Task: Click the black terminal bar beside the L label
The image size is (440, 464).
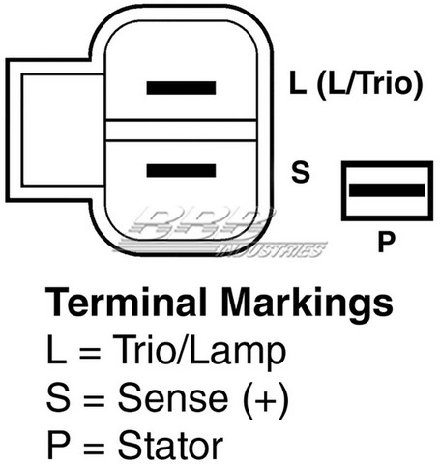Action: click(x=181, y=88)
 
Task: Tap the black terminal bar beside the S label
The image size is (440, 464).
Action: click(x=181, y=171)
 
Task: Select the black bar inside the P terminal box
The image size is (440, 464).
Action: click(x=387, y=190)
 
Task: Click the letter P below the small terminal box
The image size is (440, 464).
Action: click(x=386, y=243)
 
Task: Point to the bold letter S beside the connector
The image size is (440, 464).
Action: click(x=301, y=172)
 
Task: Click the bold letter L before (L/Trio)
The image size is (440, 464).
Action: click(x=297, y=82)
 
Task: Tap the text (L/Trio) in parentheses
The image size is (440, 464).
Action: click(x=369, y=84)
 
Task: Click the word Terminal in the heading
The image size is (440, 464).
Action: click(x=126, y=302)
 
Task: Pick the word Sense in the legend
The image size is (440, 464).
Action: click(x=173, y=397)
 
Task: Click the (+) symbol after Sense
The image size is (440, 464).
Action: click(x=265, y=399)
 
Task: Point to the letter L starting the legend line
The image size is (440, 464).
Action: click(x=56, y=349)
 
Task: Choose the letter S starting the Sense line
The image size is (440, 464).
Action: click(x=58, y=397)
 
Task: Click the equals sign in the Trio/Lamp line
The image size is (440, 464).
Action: click(x=90, y=353)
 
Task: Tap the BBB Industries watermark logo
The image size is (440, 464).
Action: click(x=222, y=233)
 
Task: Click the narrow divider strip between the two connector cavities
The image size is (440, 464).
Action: click(x=181, y=130)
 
